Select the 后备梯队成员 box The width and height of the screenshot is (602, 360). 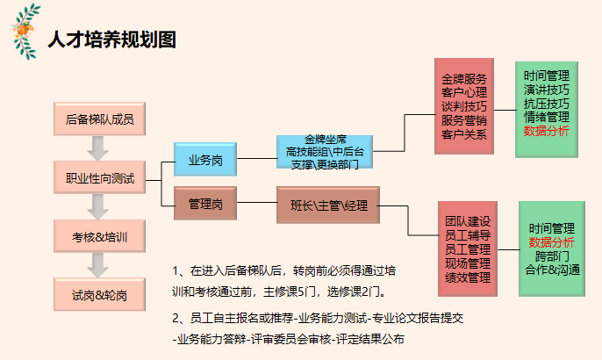[99, 119]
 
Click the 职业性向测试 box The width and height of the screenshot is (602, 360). [99, 178]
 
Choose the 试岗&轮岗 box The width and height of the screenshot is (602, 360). [99, 294]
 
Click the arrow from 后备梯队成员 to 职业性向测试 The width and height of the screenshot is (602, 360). [99, 148]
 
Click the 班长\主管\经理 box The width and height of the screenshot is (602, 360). [327, 204]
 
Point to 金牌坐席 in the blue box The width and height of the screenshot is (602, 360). [326, 139]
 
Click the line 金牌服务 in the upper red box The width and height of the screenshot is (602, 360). [464, 77]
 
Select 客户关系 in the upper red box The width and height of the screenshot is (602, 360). [464, 133]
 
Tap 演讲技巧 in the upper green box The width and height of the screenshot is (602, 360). [546, 90]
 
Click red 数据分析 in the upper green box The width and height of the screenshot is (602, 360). [546, 132]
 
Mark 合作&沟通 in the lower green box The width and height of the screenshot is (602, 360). [552, 270]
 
